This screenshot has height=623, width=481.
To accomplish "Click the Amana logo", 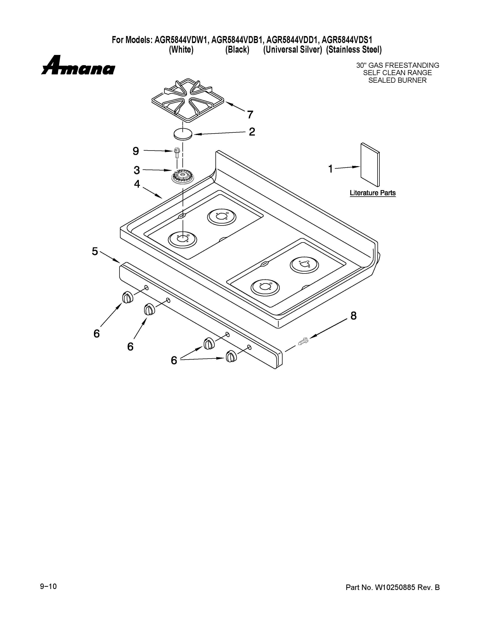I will [x=78, y=66].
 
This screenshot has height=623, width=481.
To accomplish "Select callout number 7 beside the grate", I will [x=250, y=115].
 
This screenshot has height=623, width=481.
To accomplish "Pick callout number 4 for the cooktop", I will [x=137, y=184].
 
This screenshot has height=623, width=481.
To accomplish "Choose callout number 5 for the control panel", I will [x=95, y=251].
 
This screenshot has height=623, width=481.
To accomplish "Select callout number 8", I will [x=353, y=316].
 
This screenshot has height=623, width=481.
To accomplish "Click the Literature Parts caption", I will [x=373, y=193].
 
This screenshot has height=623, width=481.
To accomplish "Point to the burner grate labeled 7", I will [x=187, y=100].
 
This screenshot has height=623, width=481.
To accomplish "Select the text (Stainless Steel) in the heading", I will [x=354, y=50].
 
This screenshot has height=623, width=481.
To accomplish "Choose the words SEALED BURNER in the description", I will [x=397, y=80].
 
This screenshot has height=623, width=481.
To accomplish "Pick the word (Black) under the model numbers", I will [x=237, y=50].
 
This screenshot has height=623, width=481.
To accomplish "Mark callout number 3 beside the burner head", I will [x=137, y=170].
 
